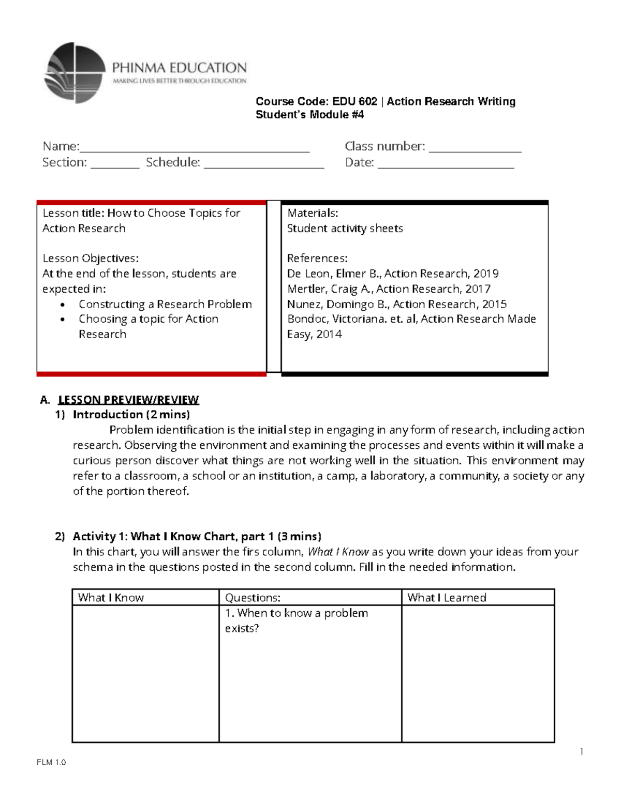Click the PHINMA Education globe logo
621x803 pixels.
(75, 73)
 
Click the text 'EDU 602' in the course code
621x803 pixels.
(354, 101)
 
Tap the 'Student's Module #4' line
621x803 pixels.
(309, 115)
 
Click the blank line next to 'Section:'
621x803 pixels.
(115, 166)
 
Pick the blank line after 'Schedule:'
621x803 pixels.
(264, 166)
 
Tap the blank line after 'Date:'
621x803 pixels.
(446, 166)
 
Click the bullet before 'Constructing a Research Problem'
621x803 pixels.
(63, 305)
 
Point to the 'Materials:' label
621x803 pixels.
(313, 213)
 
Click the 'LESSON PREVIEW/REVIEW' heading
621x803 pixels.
(128, 400)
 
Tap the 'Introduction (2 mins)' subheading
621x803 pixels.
(131, 414)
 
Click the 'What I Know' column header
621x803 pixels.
(111, 598)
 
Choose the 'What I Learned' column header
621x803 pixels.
(447, 598)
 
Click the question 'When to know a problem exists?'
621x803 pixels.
(296, 620)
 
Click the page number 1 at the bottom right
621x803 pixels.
(582, 752)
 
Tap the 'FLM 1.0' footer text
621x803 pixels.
(51, 762)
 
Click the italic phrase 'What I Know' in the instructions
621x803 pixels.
(338, 552)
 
